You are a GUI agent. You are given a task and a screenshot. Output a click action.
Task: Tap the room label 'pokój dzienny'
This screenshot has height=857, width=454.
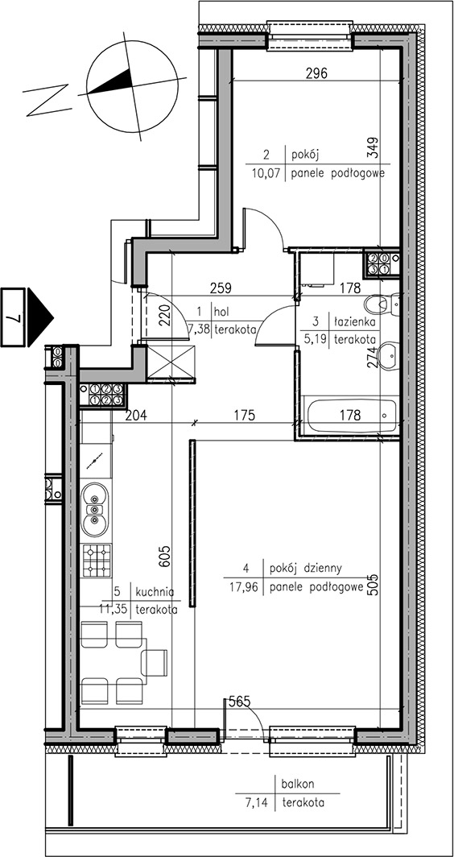[x=305, y=569]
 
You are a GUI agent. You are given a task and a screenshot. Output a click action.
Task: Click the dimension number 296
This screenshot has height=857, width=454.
[x=316, y=74]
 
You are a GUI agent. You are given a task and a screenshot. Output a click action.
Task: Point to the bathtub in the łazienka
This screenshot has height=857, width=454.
[x=351, y=416]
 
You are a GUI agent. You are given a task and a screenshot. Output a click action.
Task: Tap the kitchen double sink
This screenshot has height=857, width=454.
[x=95, y=510]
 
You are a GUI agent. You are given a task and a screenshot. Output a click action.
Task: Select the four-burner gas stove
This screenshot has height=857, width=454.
[x=97, y=561]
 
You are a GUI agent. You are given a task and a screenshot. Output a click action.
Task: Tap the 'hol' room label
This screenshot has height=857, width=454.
[x=221, y=312]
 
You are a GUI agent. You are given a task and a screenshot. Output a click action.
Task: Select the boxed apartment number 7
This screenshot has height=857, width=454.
[x=13, y=317]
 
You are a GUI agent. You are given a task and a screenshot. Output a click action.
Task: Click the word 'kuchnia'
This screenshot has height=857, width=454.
[x=155, y=592]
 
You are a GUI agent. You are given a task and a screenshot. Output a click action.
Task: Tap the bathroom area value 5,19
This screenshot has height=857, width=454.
[x=314, y=338]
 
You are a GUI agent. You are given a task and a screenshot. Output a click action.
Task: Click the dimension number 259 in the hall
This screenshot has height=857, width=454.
[x=222, y=287]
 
